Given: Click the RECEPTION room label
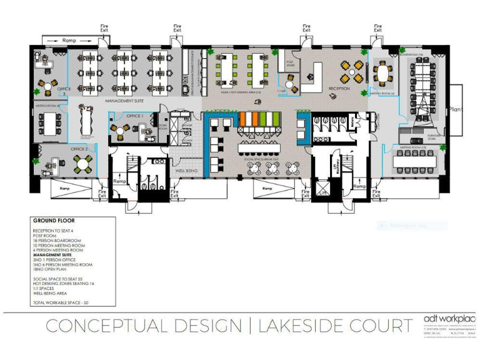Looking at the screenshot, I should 339,89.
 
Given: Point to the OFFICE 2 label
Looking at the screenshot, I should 79,149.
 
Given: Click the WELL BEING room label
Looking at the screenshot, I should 186,170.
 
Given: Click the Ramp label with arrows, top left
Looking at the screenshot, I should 69,40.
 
